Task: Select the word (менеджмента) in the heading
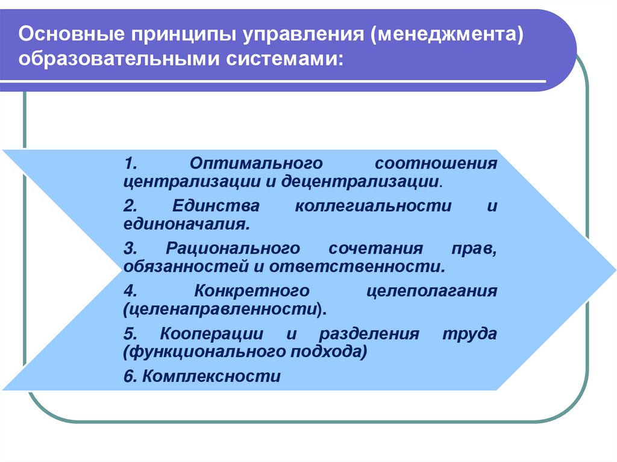[x=446, y=35]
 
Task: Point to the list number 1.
[x=130, y=163]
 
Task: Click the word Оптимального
[x=256, y=163]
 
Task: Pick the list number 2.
[x=130, y=206]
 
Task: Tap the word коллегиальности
[x=373, y=206]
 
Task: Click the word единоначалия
[x=187, y=224]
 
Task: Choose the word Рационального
[x=233, y=248]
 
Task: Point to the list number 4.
[x=130, y=291]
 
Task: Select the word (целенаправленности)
[x=225, y=310]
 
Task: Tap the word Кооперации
[x=211, y=334]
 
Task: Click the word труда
[x=470, y=334]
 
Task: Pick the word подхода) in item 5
[x=328, y=352]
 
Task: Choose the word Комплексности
[x=211, y=376]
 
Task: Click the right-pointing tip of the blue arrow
[x=615, y=270]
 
